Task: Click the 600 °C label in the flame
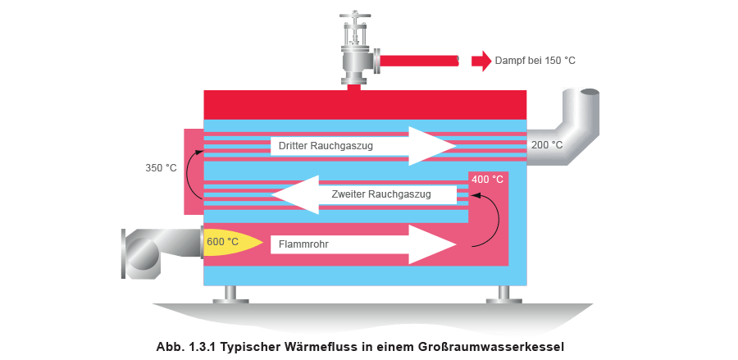tap(223, 242)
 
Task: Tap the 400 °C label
tap(488, 178)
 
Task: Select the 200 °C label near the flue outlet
tap(547, 145)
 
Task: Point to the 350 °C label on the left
tap(161, 169)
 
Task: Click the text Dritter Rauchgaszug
tap(326, 146)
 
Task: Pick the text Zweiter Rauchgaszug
tap(382, 195)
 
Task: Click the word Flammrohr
tap(305, 244)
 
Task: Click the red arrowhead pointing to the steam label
tap(482, 60)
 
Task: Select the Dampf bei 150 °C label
tap(531, 60)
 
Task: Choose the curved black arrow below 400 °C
tap(490, 218)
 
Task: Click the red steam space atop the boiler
tap(365, 104)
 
